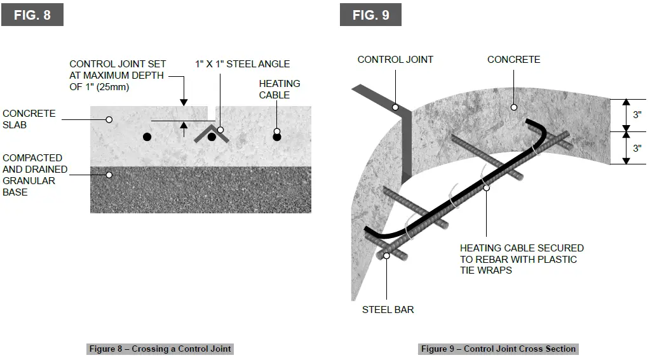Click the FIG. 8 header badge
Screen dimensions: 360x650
click(32, 15)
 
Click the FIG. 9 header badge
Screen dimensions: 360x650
click(370, 15)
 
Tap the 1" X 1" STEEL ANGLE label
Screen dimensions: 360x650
click(242, 63)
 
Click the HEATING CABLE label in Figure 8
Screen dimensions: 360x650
click(279, 89)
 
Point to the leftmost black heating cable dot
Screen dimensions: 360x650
click(147, 137)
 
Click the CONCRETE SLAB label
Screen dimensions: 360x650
click(29, 119)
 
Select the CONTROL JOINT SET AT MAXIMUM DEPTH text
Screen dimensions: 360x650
click(118, 75)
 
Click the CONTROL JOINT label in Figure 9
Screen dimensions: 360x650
click(395, 60)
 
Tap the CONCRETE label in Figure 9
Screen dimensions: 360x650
click(513, 60)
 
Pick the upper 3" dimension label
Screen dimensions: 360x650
click(637, 115)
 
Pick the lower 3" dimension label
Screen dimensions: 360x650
click(637, 148)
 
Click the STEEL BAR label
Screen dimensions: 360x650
click(388, 310)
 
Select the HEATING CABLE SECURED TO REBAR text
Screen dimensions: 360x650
click(521, 259)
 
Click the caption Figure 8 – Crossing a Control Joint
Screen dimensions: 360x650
click(160, 349)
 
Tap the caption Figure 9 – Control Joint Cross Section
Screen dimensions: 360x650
click(498, 349)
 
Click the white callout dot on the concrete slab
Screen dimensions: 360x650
click(109, 119)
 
